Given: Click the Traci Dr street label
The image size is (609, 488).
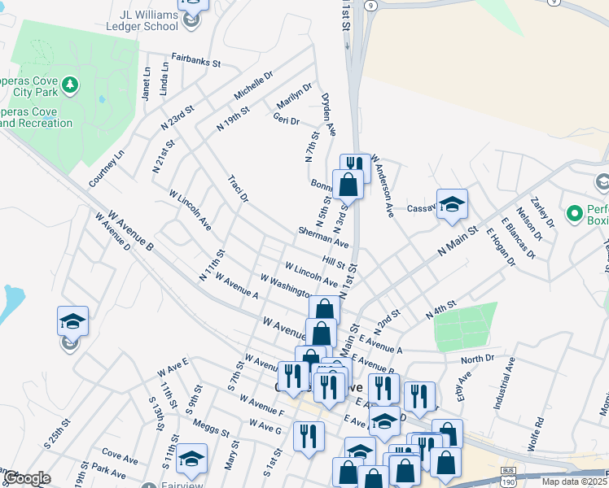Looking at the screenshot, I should (238, 188).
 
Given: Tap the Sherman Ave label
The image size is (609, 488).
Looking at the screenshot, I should (323, 237).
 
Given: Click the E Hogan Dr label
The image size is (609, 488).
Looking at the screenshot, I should (501, 247).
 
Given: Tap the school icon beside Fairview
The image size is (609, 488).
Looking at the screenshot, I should (191, 459).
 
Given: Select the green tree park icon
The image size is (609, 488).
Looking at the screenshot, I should (71, 85).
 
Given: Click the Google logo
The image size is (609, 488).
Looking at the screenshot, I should (27, 478).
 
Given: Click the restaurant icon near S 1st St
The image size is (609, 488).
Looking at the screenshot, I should (306, 436).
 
